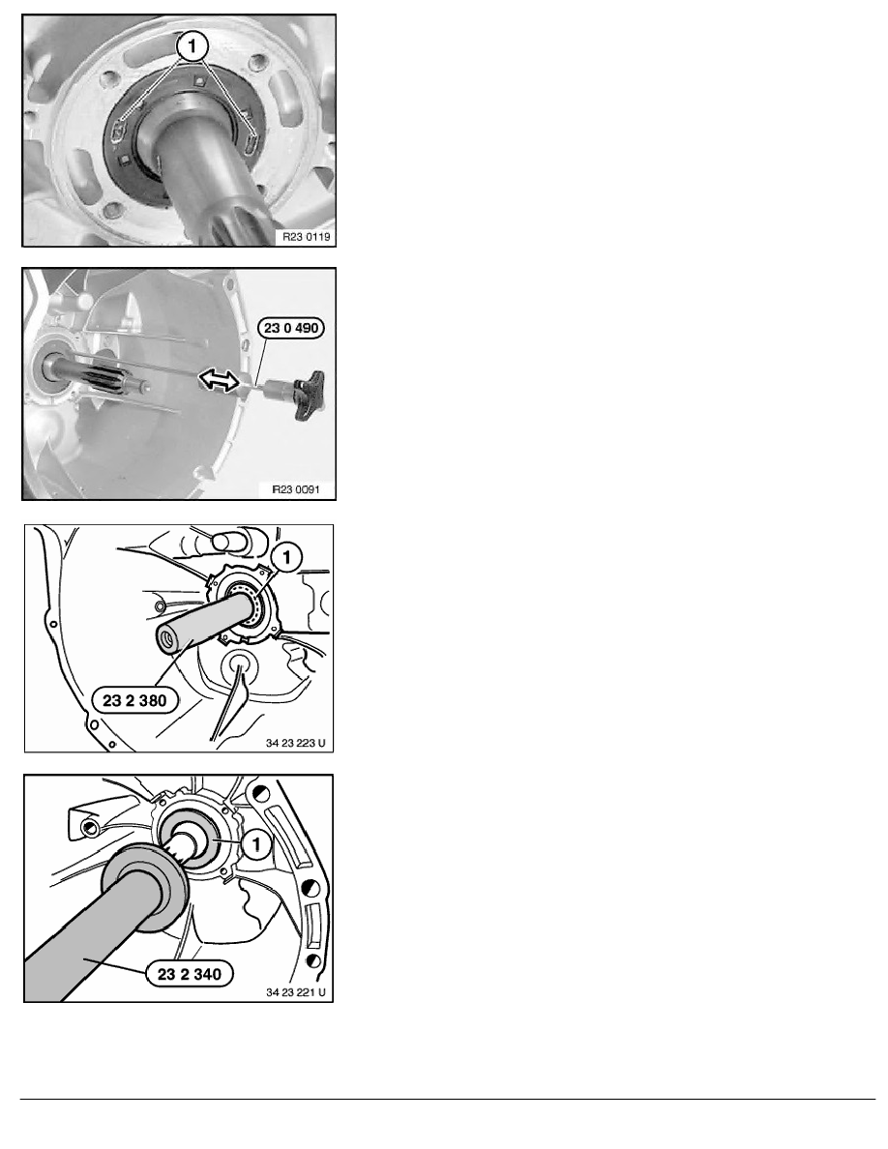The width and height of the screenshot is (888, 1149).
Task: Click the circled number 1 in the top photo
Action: coord(192,47)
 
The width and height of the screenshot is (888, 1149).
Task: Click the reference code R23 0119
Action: coord(307,237)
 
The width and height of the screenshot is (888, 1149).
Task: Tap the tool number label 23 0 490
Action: coord(291,328)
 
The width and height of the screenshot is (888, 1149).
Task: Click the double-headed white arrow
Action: coord(221,379)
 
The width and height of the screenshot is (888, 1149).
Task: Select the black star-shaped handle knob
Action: coord(309,395)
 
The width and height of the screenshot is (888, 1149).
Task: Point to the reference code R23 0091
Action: coord(296,489)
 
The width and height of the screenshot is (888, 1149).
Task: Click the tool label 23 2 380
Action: coord(134,700)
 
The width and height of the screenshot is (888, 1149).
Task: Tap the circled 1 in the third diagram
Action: coord(286,558)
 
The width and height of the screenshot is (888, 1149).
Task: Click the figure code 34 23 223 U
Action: coord(295,743)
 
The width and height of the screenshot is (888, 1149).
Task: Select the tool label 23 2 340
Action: coord(189,974)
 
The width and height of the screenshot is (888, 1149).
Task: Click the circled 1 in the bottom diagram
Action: coord(256,844)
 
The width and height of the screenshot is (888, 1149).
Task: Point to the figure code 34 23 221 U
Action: coord(295,992)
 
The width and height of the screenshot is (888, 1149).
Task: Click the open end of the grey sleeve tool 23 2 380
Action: coord(167,639)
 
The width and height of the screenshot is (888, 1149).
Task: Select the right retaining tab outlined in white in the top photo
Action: coord(252,140)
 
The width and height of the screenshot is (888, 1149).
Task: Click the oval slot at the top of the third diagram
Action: coord(228,541)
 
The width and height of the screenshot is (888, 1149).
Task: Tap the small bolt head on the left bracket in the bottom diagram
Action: coord(89,828)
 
